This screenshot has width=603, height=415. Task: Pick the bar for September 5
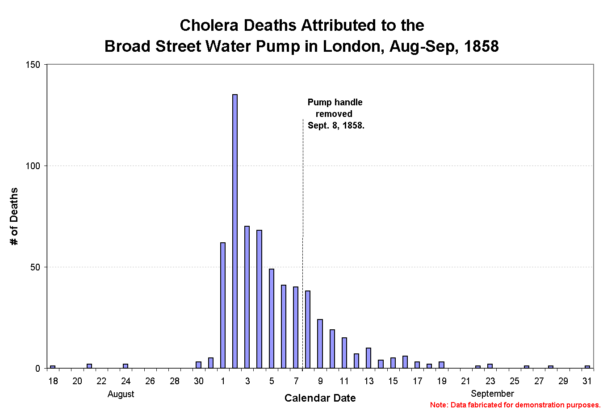272,319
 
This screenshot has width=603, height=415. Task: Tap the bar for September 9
320,344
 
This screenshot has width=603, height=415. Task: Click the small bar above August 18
53,367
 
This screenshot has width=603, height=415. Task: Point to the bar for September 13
368,358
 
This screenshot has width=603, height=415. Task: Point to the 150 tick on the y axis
33,65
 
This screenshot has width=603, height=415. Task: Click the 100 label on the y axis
33,166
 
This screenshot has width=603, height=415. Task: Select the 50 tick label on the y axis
35,267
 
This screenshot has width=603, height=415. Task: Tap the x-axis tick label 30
198,381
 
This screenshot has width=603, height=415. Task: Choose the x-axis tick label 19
441,381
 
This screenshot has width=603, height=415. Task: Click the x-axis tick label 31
587,381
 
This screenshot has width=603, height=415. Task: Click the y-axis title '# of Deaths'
14,216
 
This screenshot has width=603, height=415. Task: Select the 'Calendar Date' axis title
320,398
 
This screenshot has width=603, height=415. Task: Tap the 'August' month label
121,394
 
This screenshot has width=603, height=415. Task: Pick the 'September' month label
492,394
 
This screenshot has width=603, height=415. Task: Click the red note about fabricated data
515,405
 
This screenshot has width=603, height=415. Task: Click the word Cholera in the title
209,25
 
